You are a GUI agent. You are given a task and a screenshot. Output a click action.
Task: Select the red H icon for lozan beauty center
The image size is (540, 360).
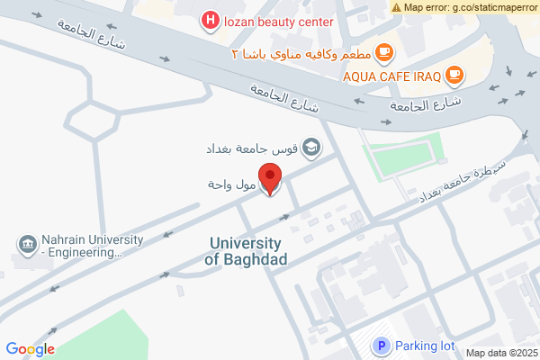210,20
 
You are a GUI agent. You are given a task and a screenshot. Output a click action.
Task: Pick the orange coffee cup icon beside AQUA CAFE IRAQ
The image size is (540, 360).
454,76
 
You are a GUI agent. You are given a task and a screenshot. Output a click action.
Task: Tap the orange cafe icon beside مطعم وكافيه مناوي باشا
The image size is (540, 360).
384,52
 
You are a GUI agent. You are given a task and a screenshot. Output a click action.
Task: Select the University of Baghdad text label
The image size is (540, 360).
246,251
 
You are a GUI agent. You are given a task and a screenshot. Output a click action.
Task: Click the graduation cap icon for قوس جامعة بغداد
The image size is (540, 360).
311,148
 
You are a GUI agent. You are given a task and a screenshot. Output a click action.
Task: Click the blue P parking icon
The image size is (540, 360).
381,346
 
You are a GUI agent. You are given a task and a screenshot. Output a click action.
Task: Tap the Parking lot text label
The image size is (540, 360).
425,346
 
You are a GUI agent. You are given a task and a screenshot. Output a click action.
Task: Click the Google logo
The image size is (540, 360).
30,349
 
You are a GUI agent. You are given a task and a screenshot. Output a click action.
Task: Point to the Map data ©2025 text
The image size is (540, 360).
500,353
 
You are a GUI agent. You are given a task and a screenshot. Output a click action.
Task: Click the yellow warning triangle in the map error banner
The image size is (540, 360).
397,7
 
